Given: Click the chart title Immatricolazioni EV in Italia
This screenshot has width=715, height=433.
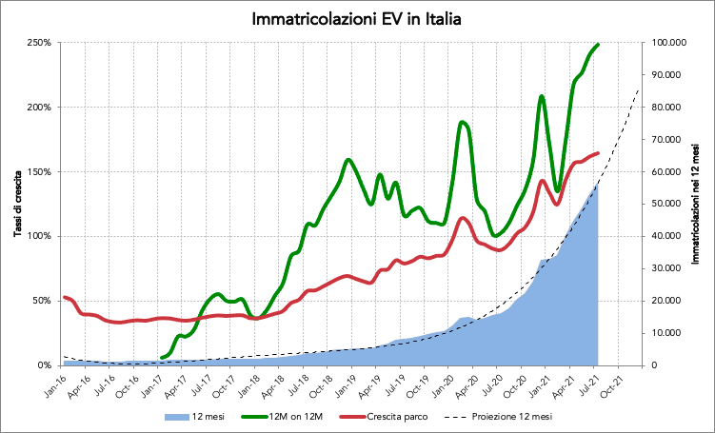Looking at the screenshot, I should [x=357, y=19].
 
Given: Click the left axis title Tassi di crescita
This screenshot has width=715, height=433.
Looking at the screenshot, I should [x=18, y=202].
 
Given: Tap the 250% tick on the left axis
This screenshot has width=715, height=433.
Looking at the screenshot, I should [x=38, y=43].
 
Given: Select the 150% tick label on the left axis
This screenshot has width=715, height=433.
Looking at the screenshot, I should [x=38, y=171].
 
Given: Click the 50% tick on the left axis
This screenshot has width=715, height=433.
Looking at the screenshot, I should [x=41, y=300].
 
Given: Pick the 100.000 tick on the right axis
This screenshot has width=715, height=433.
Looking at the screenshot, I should [x=670, y=43].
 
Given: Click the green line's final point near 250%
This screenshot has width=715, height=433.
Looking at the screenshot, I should [x=597, y=44].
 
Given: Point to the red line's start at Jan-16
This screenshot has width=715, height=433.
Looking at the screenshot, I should [x=64, y=297].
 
